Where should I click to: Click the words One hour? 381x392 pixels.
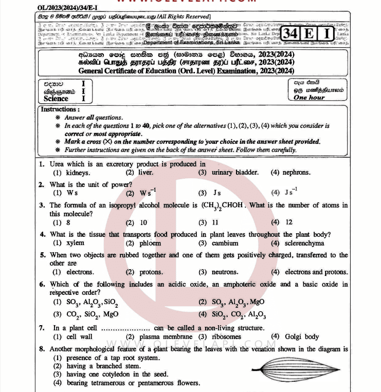coord(309,98)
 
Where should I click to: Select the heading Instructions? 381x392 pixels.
coord(61,109)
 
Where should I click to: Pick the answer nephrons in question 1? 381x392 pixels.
coord(297,173)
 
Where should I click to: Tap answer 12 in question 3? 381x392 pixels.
coord(289,222)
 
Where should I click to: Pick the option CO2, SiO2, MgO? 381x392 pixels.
coord(93,314)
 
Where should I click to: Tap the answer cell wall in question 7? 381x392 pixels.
coord(80,337)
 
